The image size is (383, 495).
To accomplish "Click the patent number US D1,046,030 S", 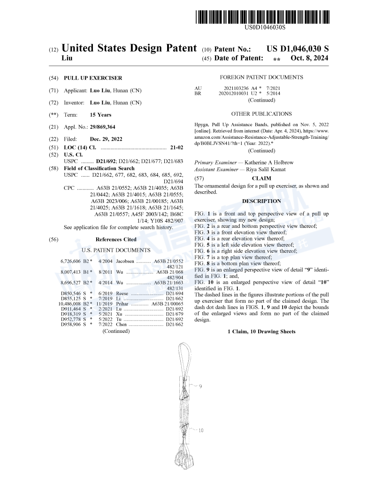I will coord(298,49).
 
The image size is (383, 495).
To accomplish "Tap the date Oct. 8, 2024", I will coord(309,58).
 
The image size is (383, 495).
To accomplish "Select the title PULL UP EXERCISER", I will coord(92,78).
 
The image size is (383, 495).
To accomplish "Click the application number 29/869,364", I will coord(102,127).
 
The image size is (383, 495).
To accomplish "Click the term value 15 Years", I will coord(100,115).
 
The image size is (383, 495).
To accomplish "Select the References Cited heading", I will coord(116,240).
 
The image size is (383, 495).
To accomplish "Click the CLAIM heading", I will coord(261,179).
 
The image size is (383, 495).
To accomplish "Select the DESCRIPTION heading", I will coord(261,201).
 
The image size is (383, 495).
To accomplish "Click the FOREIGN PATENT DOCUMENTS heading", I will coord(261,77).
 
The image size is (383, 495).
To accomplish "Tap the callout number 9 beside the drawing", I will coord(199,387).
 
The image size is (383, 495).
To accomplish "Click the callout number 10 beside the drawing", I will coord(200,430).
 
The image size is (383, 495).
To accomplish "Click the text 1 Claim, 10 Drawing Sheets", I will coord(261,332).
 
